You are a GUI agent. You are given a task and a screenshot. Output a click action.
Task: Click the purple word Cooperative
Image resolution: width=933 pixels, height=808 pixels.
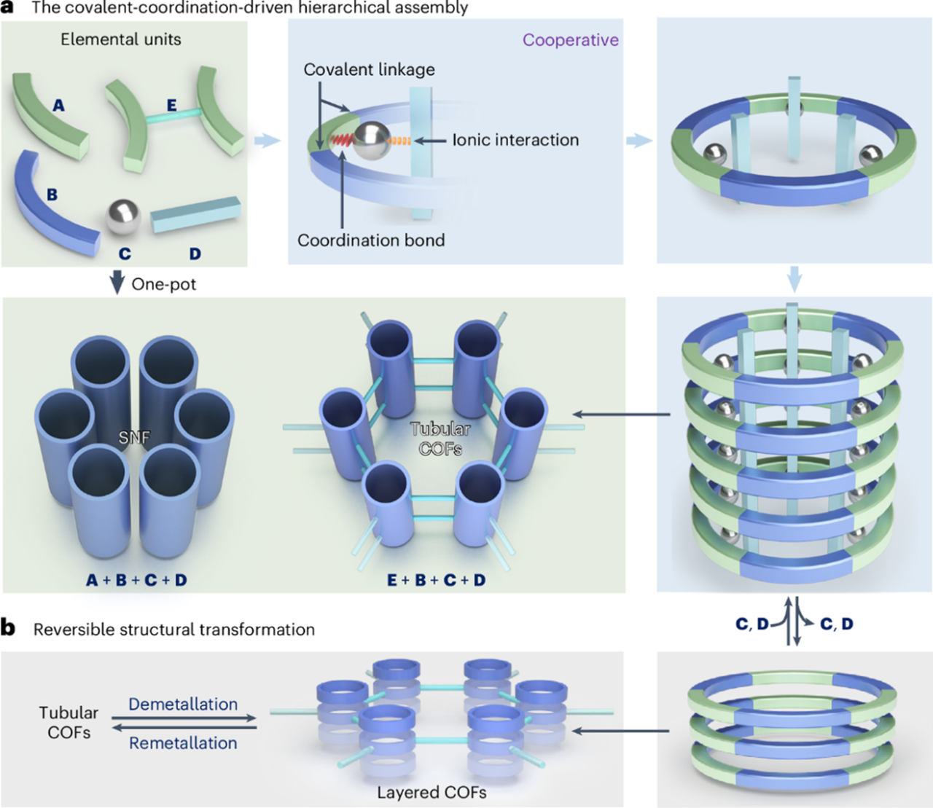pos(570,40)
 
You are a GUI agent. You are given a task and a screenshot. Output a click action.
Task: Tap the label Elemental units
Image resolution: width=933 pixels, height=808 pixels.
pos(121,39)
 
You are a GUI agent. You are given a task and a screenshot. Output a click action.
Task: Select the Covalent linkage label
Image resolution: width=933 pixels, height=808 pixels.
pos(369,69)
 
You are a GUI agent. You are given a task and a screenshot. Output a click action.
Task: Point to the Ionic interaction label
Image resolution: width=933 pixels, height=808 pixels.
pos(515,140)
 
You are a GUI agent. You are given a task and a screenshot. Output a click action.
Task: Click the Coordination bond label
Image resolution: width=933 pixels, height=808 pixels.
pos(371,240)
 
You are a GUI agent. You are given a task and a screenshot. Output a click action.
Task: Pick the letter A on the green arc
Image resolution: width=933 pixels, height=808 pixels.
pos(58,106)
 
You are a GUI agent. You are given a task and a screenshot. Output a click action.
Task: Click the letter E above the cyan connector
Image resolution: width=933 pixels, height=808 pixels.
pos(172,106)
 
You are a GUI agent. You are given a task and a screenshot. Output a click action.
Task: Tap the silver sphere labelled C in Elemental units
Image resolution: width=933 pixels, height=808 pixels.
pos(123,216)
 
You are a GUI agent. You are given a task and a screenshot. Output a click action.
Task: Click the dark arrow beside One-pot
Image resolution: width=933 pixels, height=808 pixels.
pos(117,283)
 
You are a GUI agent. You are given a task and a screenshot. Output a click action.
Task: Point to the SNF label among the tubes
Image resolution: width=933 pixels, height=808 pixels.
pos(134,437)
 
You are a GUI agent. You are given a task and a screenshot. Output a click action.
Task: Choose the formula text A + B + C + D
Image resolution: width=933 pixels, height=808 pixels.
pos(136,580)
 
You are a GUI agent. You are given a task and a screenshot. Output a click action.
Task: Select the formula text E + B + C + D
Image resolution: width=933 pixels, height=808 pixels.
pos(437,580)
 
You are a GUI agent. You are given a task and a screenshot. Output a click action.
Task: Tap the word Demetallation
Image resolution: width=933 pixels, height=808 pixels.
pos(183,705)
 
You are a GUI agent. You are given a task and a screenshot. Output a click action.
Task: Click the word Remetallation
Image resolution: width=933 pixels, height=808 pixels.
pos(183,743)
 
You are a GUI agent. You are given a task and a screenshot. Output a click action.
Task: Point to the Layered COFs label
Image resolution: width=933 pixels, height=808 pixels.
pos(432,793)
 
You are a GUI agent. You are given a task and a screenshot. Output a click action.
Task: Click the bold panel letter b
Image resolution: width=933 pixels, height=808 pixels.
pos(9,628)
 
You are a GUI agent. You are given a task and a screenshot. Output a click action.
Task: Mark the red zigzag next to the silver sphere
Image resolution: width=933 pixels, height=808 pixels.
pos(341,138)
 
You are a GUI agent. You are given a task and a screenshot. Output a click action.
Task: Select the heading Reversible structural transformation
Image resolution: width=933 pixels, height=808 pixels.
pos(174,629)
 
